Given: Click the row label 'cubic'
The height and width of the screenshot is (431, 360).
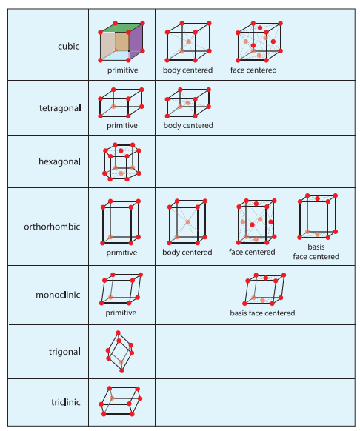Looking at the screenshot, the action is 68,46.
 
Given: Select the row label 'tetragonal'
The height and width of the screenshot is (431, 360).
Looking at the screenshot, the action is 60,108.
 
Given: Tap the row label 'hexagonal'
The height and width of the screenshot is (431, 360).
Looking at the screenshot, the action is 60,161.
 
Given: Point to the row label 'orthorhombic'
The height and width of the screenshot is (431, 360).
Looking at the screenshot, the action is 52,227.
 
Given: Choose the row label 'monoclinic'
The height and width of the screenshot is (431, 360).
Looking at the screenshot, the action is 58,295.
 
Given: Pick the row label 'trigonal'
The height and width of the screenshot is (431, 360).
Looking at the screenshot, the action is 64,352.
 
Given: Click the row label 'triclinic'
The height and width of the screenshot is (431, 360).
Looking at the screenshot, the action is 66,402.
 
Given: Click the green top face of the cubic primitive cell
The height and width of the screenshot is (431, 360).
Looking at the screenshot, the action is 121,27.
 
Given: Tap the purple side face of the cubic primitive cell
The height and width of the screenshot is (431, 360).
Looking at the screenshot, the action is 136,41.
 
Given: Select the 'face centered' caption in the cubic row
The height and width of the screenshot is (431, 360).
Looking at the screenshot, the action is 253,70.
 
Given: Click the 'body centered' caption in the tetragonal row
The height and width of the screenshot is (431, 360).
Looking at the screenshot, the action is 188,125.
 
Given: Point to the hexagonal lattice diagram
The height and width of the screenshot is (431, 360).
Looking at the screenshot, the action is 121,162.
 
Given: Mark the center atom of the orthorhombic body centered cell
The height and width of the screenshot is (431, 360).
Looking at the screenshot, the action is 188,222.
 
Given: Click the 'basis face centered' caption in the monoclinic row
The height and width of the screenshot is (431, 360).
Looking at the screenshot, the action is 262,313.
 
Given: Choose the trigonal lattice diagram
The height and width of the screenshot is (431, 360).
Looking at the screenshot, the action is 120,352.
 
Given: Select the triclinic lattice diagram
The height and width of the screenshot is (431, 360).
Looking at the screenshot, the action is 121,401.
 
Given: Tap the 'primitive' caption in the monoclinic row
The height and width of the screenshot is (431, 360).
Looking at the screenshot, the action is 121,313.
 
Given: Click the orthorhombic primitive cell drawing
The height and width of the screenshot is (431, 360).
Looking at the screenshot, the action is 121,222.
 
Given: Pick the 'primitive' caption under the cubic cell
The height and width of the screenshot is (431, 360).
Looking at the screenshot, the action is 123,70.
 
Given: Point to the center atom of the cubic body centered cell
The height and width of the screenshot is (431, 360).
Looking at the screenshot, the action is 189,41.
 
